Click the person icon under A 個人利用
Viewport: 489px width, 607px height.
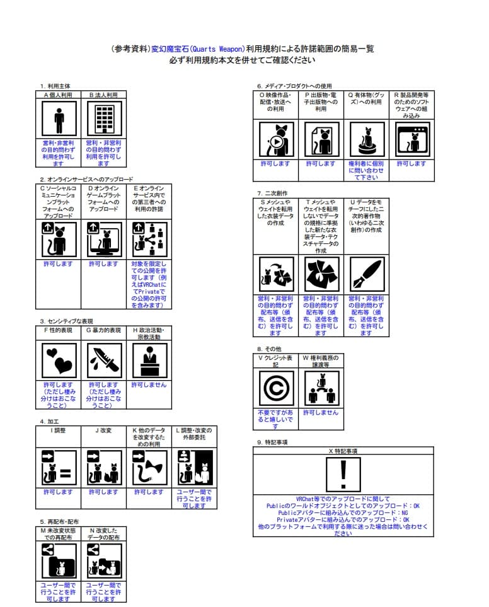pyautogui.click(x=59, y=119)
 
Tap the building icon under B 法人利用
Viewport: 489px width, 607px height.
pyautogui.click(x=104, y=119)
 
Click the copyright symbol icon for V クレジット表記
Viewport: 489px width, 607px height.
pyautogui.click(x=276, y=388)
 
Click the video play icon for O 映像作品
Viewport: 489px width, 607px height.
pyautogui.click(x=276, y=140)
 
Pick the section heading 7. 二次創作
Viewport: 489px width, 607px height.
pyautogui.click(x=272, y=193)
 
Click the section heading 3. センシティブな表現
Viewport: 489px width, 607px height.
pyautogui.click(x=66, y=321)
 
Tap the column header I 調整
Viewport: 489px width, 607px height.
pyautogui.click(x=59, y=431)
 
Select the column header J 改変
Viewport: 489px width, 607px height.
pyautogui.click(x=103, y=431)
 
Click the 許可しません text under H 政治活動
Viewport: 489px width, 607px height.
pyautogui.click(x=149, y=384)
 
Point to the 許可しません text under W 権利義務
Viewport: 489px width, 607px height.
pyautogui.click(x=321, y=413)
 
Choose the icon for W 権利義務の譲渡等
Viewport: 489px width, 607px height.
pyautogui.click(x=321, y=388)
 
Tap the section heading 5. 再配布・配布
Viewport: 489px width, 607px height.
pyautogui.click(x=60, y=522)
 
